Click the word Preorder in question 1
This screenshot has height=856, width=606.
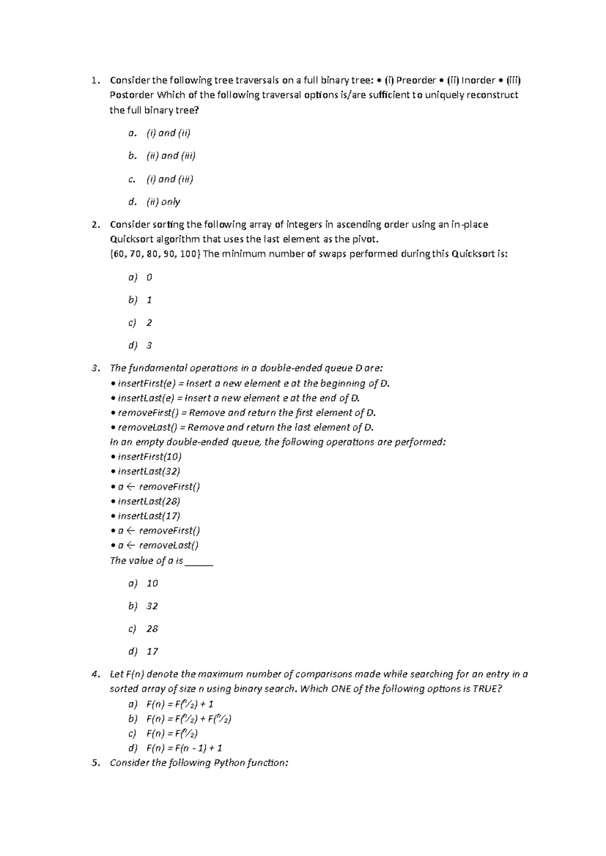tap(416, 80)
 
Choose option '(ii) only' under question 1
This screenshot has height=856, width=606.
tap(163, 202)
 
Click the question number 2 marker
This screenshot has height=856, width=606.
tap(95, 225)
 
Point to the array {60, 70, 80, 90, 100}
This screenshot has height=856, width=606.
tap(155, 254)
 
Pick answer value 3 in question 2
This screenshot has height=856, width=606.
tap(149, 346)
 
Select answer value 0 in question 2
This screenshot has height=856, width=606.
tap(149, 278)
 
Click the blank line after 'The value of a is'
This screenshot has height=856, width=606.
tap(199, 561)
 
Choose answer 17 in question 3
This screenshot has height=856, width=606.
tap(152, 652)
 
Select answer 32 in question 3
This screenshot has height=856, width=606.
tap(152, 606)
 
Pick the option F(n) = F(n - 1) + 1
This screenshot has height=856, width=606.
tap(184, 748)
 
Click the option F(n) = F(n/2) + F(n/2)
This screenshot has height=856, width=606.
tap(188, 719)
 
